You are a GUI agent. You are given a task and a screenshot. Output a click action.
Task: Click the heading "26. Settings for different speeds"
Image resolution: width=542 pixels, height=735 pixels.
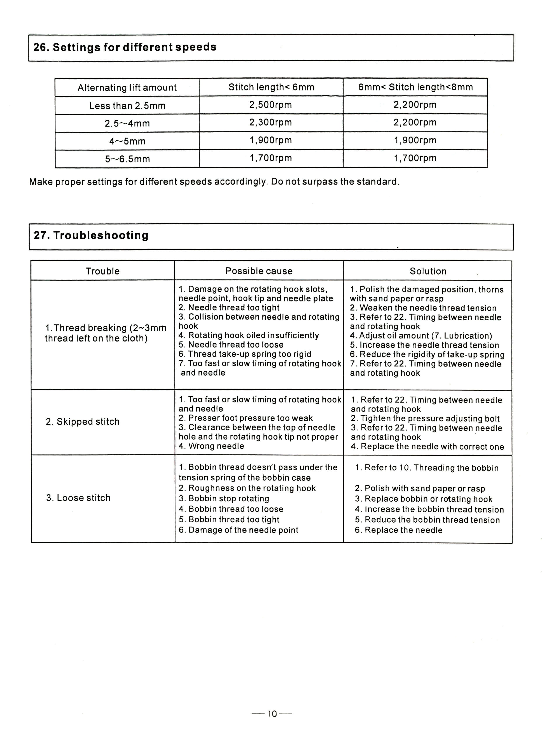click(125, 47)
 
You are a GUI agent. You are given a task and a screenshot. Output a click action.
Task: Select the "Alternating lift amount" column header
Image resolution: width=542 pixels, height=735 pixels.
click(127, 88)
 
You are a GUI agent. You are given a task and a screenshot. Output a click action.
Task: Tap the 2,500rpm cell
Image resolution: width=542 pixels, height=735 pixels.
click(270, 105)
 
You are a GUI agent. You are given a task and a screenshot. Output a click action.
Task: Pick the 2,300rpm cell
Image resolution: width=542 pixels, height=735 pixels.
click(270, 123)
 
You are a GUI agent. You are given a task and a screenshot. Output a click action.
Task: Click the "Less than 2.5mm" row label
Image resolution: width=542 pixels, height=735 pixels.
click(127, 105)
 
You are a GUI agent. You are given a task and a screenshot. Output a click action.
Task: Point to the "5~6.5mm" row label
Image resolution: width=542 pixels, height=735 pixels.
click(127, 159)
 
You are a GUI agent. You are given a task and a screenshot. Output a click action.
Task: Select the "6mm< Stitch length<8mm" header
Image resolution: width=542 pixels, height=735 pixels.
click(415, 87)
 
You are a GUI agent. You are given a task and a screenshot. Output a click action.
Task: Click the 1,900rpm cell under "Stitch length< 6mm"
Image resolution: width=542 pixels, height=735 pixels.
click(270, 140)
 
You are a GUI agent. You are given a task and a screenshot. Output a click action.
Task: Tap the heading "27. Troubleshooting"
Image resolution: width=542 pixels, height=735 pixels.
click(91, 235)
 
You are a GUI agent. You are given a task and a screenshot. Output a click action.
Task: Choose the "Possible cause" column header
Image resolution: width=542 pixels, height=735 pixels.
click(259, 271)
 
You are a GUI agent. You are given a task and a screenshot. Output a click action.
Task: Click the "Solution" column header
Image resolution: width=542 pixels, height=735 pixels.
click(428, 271)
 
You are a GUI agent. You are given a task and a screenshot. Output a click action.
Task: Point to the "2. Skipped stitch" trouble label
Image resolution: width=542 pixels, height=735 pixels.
click(82, 422)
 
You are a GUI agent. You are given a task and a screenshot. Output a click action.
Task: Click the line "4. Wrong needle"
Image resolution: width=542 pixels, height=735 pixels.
click(211, 446)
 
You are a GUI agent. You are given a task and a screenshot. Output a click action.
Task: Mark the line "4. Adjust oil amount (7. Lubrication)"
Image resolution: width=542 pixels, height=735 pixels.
click(421, 336)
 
